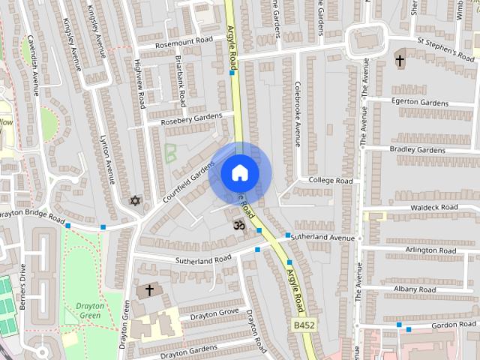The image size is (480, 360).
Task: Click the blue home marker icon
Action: [x=238, y=172]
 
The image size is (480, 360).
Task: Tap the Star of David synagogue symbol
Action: [x=135, y=201]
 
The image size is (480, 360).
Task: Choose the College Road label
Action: [x=331, y=181]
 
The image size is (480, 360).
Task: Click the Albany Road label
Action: [x=415, y=289]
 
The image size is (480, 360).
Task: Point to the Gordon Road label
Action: [x=454, y=324]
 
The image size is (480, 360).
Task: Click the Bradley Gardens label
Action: [x=417, y=149]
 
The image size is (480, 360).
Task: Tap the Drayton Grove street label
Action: [x=214, y=312]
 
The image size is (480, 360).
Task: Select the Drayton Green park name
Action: [x=90, y=310]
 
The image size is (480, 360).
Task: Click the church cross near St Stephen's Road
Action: [x=400, y=59]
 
